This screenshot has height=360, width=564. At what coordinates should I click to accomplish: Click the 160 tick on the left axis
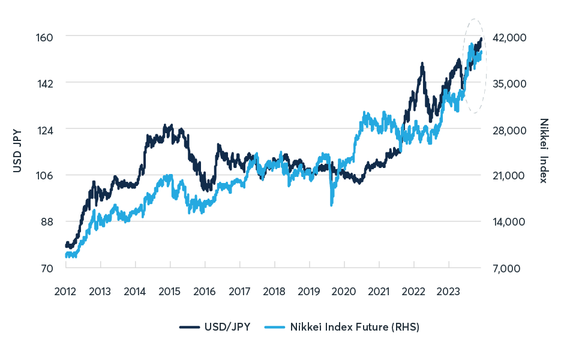pos(46,37)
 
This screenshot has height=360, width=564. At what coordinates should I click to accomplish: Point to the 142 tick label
pos(46,83)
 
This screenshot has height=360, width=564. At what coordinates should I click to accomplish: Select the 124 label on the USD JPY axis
pos(46,129)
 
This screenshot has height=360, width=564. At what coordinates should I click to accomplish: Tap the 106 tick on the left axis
pos(46,175)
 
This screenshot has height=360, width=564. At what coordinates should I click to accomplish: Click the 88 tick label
pos(47,221)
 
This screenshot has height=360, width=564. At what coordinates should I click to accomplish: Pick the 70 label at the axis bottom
pos(47,268)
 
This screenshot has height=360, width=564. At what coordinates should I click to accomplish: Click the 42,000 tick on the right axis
pos(509,37)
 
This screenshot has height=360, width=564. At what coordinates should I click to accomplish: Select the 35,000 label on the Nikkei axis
pos(509,83)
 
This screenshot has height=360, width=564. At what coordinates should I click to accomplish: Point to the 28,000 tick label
pos(509,129)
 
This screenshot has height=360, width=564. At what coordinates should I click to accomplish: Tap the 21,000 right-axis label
pos(509,175)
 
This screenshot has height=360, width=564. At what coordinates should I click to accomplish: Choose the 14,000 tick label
pos(509,221)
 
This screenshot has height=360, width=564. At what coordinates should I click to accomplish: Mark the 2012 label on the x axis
pos(65,292)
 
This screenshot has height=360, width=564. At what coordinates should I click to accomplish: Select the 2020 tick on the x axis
pos(344,292)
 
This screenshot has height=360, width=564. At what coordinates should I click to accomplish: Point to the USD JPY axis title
pos(17,152)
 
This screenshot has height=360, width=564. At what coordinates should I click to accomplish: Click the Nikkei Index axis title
pos(544,151)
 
